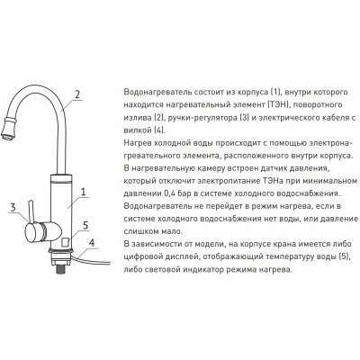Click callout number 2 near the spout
pyautogui.click(x=77, y=94)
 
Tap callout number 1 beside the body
pyautogui.click(x=84, y=192)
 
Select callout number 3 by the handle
pyautogui.click(x=13, y=208)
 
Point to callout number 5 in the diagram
pyautogui.click(x=85, y=225)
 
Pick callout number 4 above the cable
pyautogui.click(x=92, y=242)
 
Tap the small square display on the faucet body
pyautogui.click(x=66, y=242)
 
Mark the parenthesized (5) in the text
pyautogui.click(x=345, y=256)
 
